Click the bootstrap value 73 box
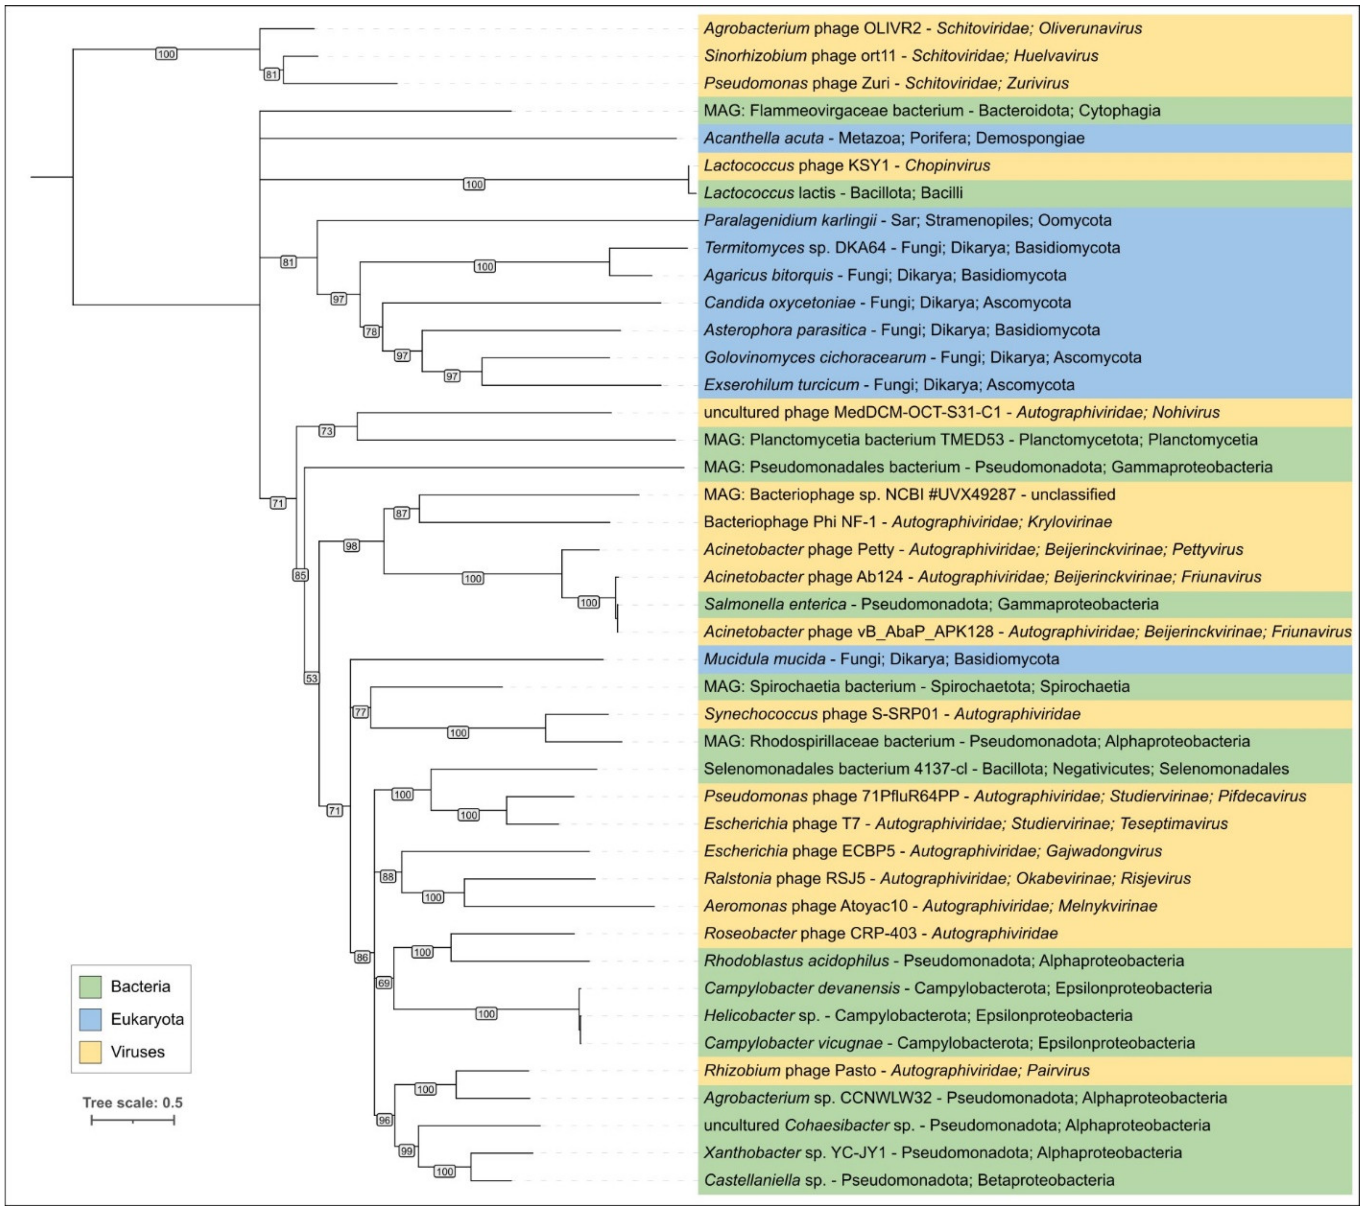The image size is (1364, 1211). click(x=326, y=431)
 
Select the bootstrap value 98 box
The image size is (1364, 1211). click(x=351, y=546)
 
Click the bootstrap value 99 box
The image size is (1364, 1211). click(x=407, y=1151)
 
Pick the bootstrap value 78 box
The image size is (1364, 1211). click(x=371, y=332)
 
